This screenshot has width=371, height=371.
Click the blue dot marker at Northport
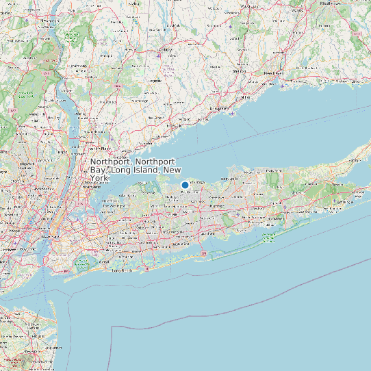pos(185,185)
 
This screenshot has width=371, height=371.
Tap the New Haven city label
pos(273,73)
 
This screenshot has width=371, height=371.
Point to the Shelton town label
pos(239,71)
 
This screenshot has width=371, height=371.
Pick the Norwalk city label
pos(184,119)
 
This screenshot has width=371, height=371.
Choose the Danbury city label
pos(164,49)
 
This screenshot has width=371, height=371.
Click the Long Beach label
pos(122,270)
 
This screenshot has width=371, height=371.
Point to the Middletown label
pos(329,3)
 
